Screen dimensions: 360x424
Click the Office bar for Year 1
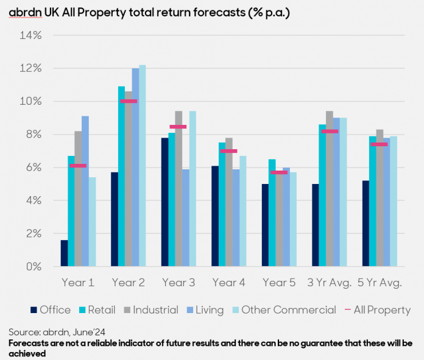[x=64, y=253]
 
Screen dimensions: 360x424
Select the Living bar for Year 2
[x=135, y=168]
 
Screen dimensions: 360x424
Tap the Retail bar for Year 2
[x=121, y=177]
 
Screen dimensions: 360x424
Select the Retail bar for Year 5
[x=272, y=213]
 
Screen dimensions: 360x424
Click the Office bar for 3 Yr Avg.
[x=316, y=225]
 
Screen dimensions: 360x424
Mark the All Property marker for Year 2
[x=129, y=101]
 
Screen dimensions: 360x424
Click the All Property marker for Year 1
[x=78, y=166]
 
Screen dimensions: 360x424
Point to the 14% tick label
[x=30, y=35]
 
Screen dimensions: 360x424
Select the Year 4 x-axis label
[x=229, y=283]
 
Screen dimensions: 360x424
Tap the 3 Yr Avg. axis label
[x=330, y=283]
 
